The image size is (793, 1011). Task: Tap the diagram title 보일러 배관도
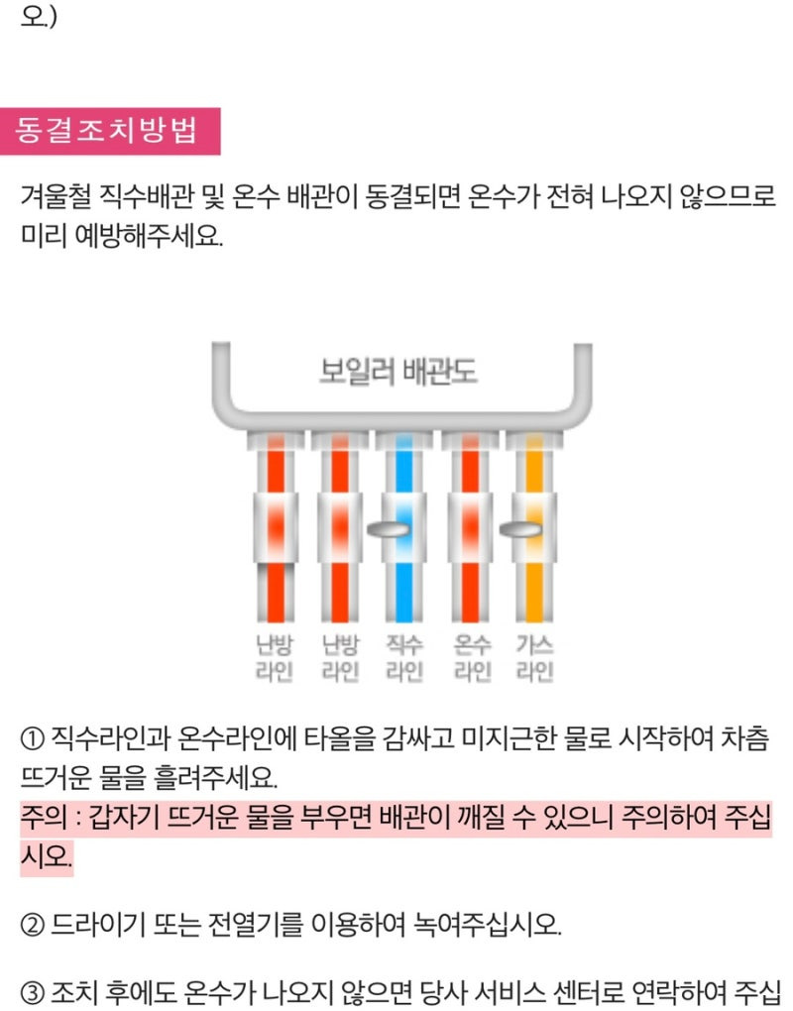tap(398, 371)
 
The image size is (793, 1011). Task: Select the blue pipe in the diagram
tap(403, 585)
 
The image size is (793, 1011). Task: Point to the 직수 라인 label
tap(404, 658)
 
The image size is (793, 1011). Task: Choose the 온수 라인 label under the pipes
tap(472, 658)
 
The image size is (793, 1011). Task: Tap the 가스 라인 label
tap(534, 658)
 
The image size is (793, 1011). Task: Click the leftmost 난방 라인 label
tap(273, 658)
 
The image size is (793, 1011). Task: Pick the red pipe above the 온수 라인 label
tap(471, 585)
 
